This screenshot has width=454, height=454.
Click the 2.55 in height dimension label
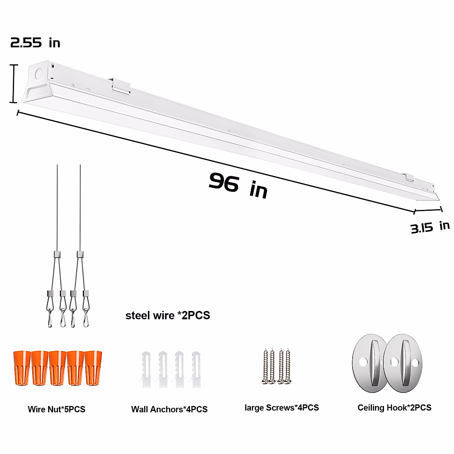coord(35,43)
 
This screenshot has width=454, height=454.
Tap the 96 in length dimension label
coord(238,185)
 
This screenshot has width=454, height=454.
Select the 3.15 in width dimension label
coord(430,227)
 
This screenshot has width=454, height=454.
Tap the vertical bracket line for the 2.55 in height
coord(14,84)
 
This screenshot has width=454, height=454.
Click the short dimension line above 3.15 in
coord(428,210)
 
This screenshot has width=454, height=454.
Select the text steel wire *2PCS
coord(168,315)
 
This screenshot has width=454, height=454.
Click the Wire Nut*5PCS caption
coord(56,409)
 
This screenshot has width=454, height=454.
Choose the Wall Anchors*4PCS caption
coord(169,409)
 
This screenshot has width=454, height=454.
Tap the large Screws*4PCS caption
coord(281,407)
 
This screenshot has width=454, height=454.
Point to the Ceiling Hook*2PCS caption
coord(394,407)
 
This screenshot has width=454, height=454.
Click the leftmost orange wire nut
coord(22,368)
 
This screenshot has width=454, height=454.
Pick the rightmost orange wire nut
coord(93,368)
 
